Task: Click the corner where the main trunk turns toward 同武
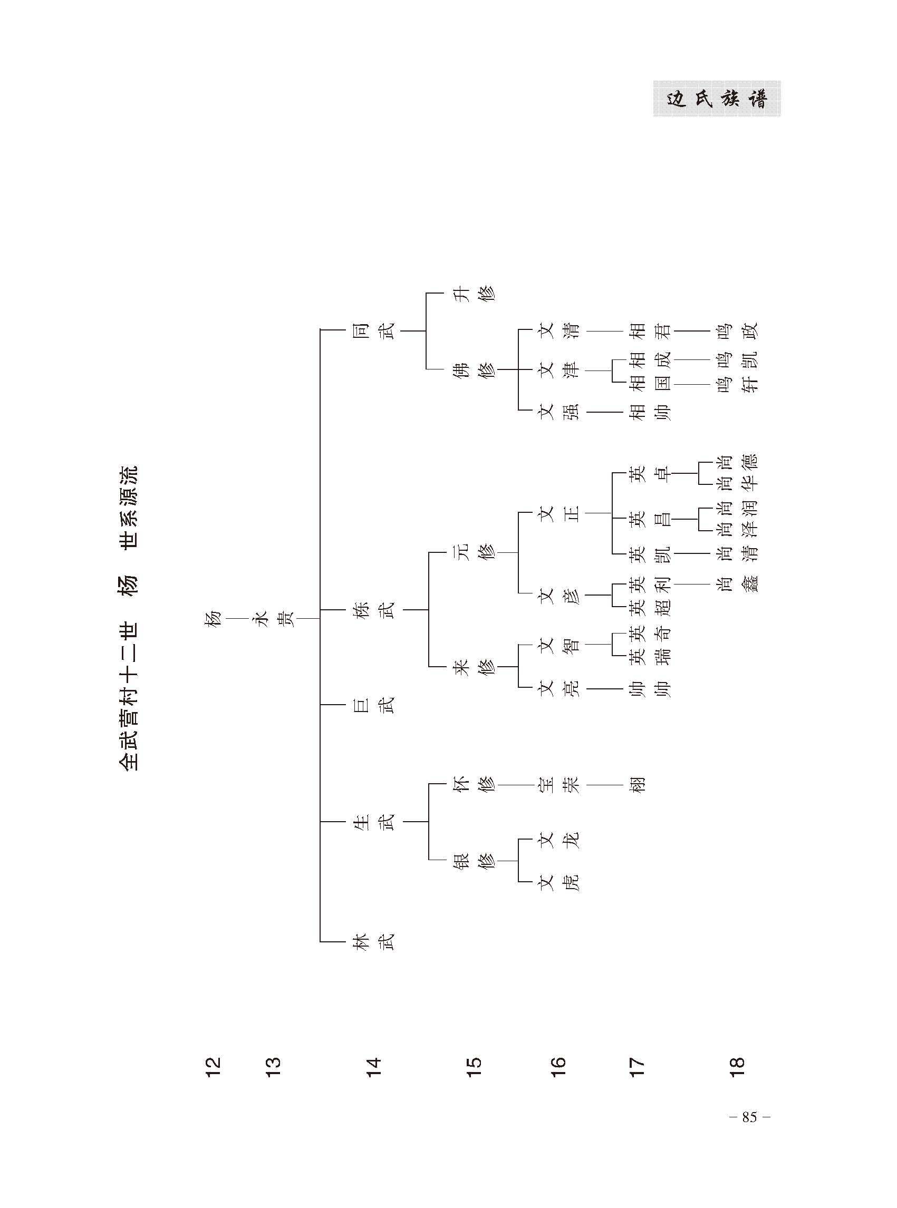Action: click(321, 329)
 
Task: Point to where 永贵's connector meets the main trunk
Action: click(321, 618)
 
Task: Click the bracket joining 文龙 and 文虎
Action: click(519, 861)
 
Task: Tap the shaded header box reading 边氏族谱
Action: click(717, 99)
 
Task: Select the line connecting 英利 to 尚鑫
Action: click(693, 583)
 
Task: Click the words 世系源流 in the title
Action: click(129, 508)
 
